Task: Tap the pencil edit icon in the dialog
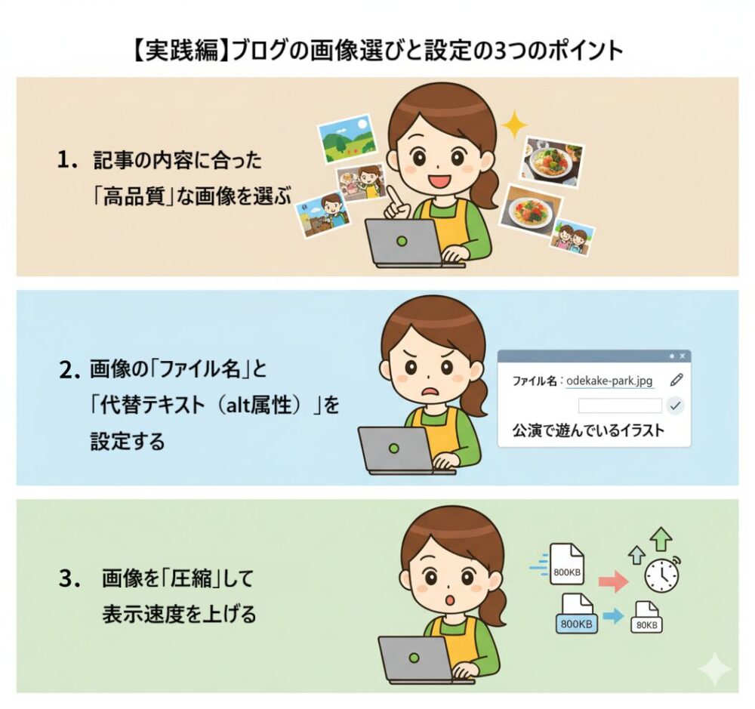point(676,380)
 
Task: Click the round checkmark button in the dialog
point(675,405)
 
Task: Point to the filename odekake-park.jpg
point(609,381)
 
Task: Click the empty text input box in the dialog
point(620,405)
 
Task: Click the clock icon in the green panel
point(662,574)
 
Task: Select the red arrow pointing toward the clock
point(613,581)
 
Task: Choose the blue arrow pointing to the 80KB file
point(613,616)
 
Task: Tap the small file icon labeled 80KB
point(646,617)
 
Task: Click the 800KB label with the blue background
point(576,624)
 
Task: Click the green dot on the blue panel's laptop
point(394,449)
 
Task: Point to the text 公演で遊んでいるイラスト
point(588,430)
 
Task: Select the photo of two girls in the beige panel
point(572,237)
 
